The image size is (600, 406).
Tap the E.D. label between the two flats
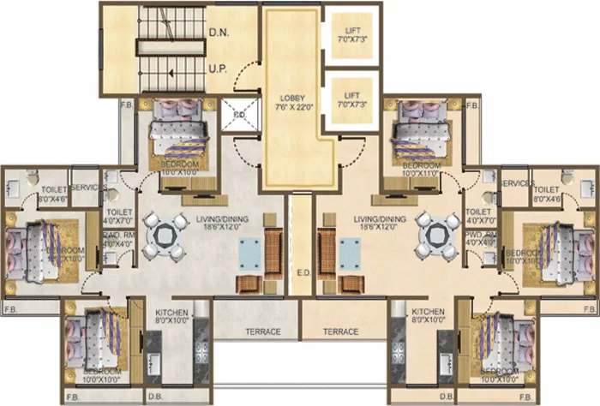[303, 274]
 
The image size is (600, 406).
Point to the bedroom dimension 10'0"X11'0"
[421, 173]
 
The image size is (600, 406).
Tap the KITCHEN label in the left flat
[172, 312]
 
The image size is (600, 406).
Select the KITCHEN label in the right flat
[428, 312]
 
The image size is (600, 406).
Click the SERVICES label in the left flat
[88, 186]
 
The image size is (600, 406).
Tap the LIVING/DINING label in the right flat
[377, 220]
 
